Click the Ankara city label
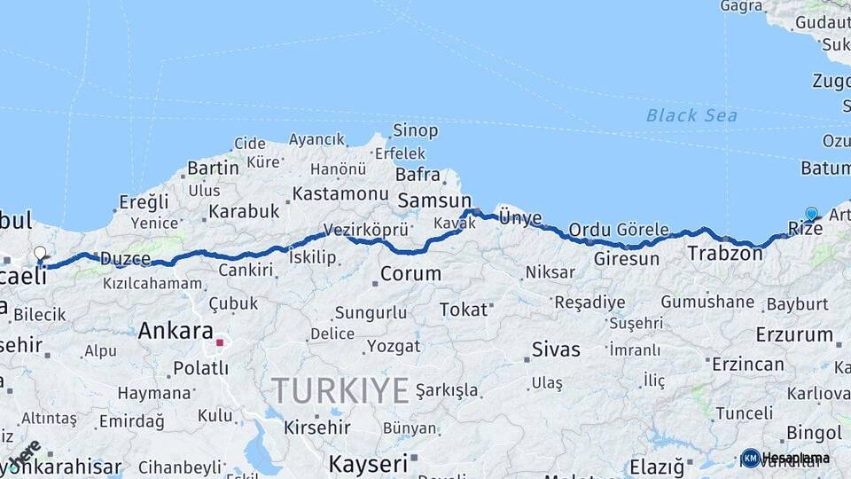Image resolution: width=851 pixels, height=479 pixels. pyautogui.click(x=176, y=331)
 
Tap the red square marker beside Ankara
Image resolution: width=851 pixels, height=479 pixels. pyautogui.click(x=219, y=342)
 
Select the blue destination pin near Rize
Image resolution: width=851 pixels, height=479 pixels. pyautogui.click(x=811, y=214)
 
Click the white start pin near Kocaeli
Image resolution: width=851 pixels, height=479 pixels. pyautogui.click(x=40, y=255)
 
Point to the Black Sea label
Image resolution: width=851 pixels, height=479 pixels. pyautogui.click(x=691, y=115)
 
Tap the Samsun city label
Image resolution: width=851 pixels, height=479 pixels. pyautogui.click(x=434, y=201)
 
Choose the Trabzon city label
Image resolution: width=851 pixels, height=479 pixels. pyautogui.click(x=724, y=254)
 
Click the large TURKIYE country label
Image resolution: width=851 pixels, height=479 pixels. pyautogui.click(x=340, y=390)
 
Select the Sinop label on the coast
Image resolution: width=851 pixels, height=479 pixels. pyautogui.click(x=415, y=131)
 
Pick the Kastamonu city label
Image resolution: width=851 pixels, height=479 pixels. pyautogui.click(x=340, y=193)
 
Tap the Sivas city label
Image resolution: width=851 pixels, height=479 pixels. pyautogui.click(x=556, y=349)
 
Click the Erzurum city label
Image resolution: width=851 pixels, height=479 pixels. pyautogui.click(x=794, y=335)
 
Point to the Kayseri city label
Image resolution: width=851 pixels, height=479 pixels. pyautogui.click(x=368, y=463)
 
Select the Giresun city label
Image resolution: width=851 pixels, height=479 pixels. pyautogui.click(x=627, y=259)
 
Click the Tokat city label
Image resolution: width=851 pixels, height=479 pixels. pyautogui.click(x=464, y=310)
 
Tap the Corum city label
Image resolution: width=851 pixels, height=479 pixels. pyautogui.click(x=410, y=273)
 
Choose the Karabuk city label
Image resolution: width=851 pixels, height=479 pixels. pyautogui.click(x=244, y=212)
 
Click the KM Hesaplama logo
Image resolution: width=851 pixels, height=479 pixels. pyautogui.click(x=785, y=458)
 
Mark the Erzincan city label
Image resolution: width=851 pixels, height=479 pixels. pyautogui.click(x=748, y=364)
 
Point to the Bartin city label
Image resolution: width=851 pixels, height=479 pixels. pyautogui.click(x=213, y=168)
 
